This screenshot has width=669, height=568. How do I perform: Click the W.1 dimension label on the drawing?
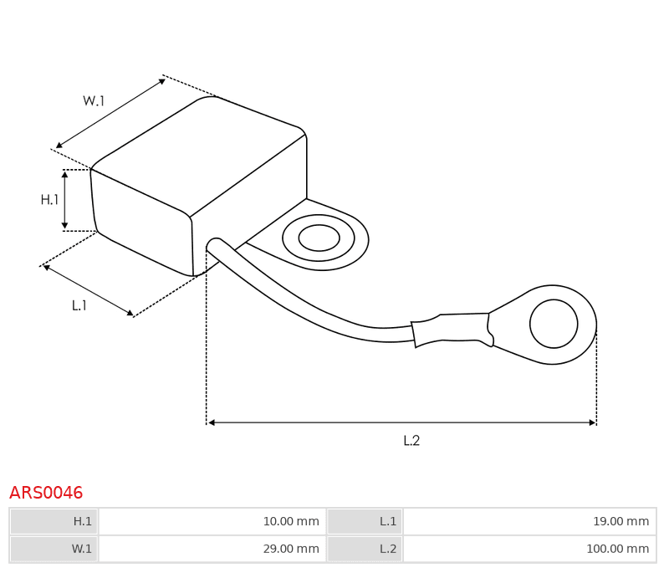94,100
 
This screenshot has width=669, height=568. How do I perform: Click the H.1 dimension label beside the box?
49,199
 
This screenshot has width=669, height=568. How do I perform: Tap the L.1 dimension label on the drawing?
79,305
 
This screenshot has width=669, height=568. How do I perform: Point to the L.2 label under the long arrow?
411,440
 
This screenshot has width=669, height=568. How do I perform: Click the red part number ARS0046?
46,493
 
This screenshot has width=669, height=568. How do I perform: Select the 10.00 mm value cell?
212,521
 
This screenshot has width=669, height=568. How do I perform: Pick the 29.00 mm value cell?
212,549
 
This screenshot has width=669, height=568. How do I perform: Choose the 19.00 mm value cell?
529,521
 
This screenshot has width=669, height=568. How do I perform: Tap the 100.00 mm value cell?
529,549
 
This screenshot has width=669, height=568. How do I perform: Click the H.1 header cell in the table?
54,521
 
